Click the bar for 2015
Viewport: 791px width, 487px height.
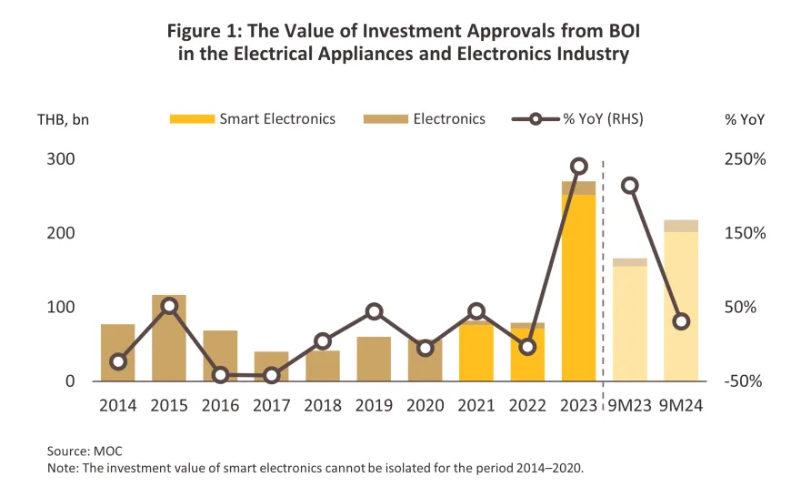click(169, 338)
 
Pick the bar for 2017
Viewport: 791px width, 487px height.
click(271, 367)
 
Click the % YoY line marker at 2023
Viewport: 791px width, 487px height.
click(578, 167)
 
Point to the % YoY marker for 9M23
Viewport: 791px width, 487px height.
click(629, 186)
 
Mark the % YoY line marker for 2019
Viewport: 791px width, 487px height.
click(374, 311)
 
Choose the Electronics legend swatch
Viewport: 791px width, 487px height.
click(384, 119)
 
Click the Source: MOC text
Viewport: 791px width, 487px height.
click(85, 451)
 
